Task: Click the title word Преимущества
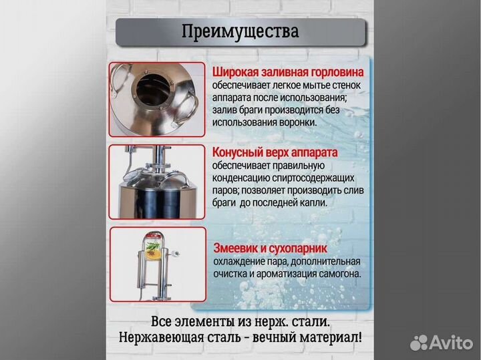click(x=240, y=31)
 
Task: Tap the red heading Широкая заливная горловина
click(x=288, y=72)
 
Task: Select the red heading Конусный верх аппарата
click(x=275, y=152)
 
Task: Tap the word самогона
click(x=338, y=273)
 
